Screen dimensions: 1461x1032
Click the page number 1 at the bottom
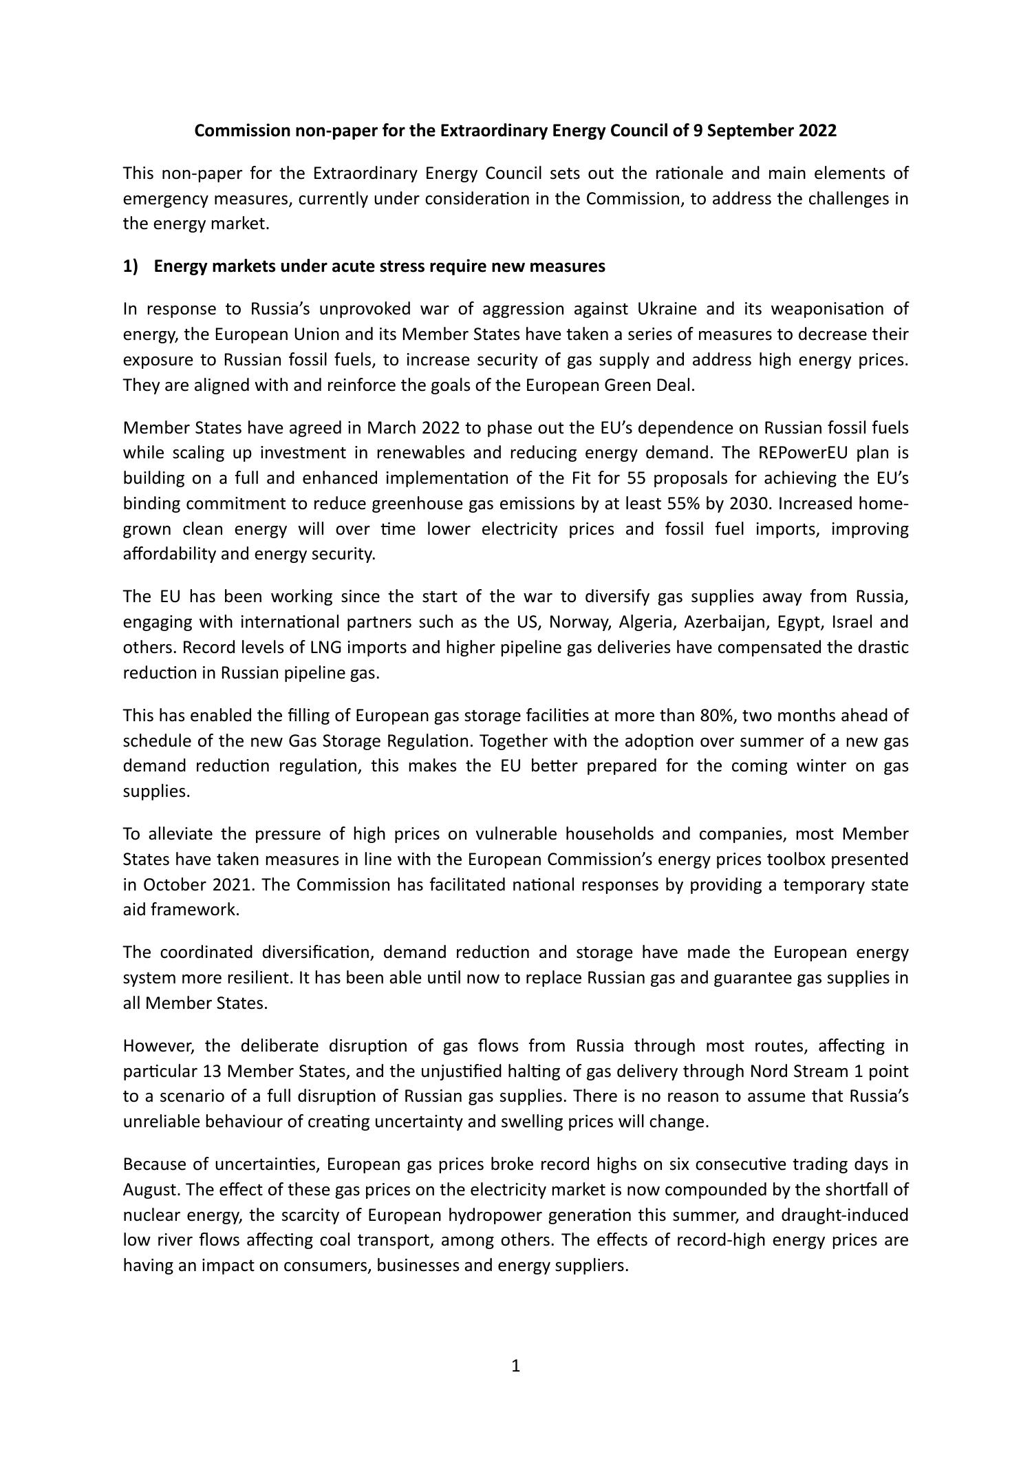point(516,1366)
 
